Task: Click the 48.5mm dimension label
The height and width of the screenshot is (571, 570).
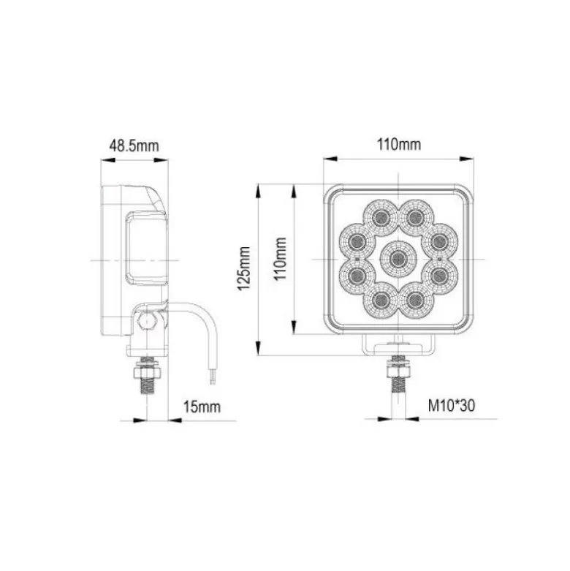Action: pyautogui.click(x=134, y=145)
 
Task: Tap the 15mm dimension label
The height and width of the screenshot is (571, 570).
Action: pyautogui.click(x=202, y=406)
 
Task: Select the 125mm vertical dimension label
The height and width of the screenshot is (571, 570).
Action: pyautogui.click(x=244, y=268)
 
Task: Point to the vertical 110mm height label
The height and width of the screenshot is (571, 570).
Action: pyautogui.click(x=281, y=259)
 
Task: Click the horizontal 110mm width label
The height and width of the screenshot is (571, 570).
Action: pyautogui.click(x=399, y=145)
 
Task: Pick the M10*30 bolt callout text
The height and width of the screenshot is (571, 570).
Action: pyautogui.click(x=452, y=405)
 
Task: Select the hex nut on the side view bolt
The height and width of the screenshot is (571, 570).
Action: pyautogui.click(x=147, y=373)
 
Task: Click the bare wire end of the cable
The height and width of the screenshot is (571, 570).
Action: pyautogui.click(x=213, y=377)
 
